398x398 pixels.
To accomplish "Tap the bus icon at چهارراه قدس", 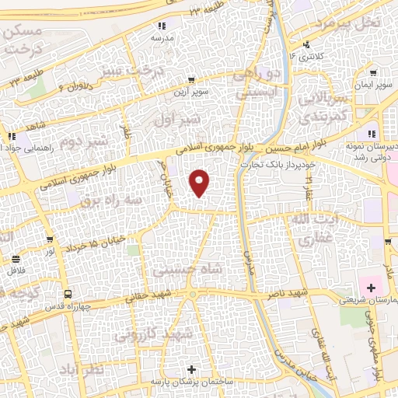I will (x=68, y=295).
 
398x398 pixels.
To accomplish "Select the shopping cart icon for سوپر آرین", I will (x=191, y=80).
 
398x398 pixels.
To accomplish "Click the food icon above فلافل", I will (x=16, y=259).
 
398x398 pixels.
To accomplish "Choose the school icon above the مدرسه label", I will (x=162, y=26).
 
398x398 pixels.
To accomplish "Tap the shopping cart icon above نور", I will (x=50, y=240).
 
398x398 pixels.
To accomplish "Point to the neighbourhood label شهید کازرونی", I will (x=152, y=335).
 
